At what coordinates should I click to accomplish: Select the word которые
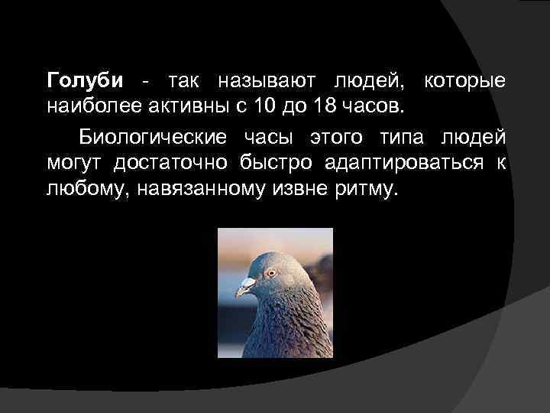pyautogui.click(x=467, y=80)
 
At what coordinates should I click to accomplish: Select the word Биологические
pyautogui.click(x=154, y=138)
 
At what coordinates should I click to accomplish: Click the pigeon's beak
pyautogui.click(x=244, y=289)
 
